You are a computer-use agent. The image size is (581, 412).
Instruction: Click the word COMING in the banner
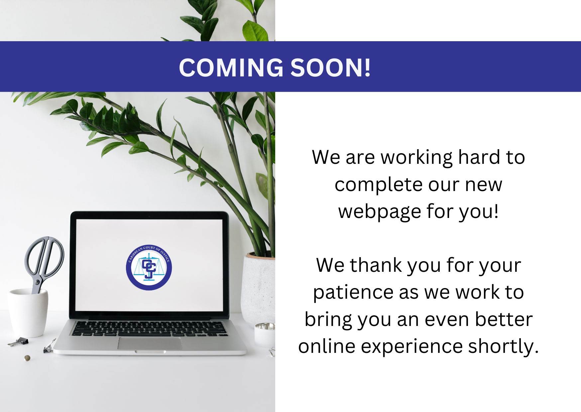(x=231, y=67)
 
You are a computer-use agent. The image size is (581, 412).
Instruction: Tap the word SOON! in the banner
(x=331, y=67)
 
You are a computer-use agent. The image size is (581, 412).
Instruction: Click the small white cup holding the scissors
(x=28, y=312)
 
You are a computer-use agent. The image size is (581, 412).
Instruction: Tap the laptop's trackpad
(x=150, y=343)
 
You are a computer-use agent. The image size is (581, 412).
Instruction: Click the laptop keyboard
(x=149, y=328)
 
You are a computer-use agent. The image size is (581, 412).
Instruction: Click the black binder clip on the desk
(x=18, y=342)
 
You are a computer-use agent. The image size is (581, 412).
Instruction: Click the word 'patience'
(x=353, y=293)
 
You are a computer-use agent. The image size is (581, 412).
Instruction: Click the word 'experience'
(x=411, y=347)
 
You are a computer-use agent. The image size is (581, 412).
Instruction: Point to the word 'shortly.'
(x=503, y=347)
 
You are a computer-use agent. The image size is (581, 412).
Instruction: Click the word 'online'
(x=327, y=346)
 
